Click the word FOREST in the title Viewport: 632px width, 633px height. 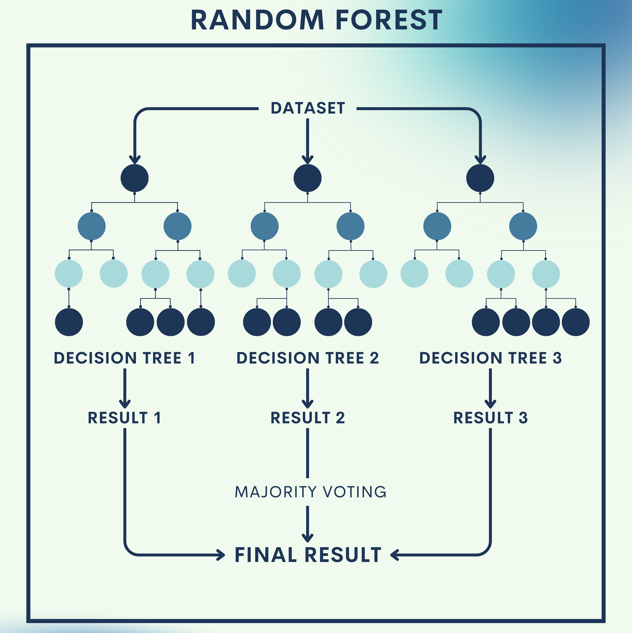389,20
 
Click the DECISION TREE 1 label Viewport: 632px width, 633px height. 125,358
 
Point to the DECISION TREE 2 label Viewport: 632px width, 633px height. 307,358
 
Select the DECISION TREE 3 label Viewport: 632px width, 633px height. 491,358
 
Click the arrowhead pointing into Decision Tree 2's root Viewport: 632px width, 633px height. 307,159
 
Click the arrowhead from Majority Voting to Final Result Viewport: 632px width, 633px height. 307,537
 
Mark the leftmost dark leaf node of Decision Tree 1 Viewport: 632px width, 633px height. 69,322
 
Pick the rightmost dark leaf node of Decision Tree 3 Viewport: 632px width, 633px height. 576,322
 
